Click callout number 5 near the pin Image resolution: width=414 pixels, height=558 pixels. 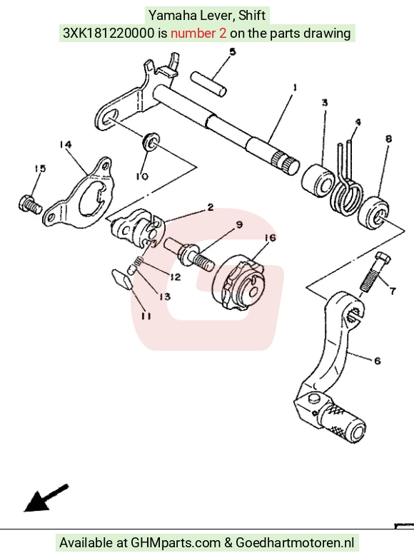233,52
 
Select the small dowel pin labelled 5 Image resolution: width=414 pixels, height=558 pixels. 208,83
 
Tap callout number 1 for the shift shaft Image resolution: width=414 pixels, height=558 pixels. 295,87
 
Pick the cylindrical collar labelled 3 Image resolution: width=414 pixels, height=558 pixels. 318,178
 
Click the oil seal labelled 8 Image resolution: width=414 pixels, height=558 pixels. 373,213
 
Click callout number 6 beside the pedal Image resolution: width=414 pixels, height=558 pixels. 378,361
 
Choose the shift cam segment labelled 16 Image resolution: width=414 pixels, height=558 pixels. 238,281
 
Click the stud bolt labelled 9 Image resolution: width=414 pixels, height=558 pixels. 189,254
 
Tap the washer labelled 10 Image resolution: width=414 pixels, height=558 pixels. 151,141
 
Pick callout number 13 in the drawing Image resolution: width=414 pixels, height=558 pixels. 164,296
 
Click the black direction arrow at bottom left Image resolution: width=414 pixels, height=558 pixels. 46,498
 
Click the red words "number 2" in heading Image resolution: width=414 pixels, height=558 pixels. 198,33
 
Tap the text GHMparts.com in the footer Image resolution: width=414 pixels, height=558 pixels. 176,543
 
